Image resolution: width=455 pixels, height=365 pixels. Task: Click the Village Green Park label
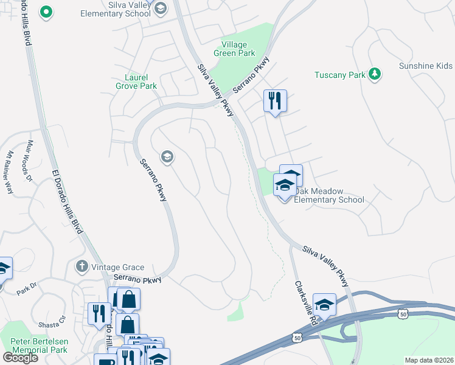238,49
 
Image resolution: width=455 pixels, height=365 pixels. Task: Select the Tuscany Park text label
339,75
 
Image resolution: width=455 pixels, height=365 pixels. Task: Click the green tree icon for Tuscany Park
375,74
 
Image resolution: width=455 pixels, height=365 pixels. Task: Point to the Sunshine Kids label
426,66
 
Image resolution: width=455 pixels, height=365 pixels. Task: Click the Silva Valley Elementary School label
116,9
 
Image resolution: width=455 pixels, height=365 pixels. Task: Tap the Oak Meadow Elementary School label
329,195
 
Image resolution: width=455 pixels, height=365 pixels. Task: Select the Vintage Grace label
118,267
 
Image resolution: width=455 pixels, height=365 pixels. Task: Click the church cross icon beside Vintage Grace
82,266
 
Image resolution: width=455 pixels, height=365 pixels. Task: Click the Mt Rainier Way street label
9,172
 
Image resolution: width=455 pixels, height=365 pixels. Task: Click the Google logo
20,357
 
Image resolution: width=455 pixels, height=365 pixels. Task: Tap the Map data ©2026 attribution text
429,360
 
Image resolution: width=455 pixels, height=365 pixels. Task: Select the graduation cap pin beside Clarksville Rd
324,305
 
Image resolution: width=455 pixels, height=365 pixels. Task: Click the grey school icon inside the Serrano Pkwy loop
167,158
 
